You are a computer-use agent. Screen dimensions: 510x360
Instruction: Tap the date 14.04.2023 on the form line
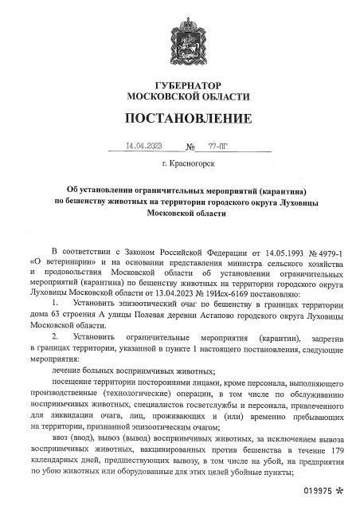143,147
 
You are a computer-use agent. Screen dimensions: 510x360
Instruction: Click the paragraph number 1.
54,304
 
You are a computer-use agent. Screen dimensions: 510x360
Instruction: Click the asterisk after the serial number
341,496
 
